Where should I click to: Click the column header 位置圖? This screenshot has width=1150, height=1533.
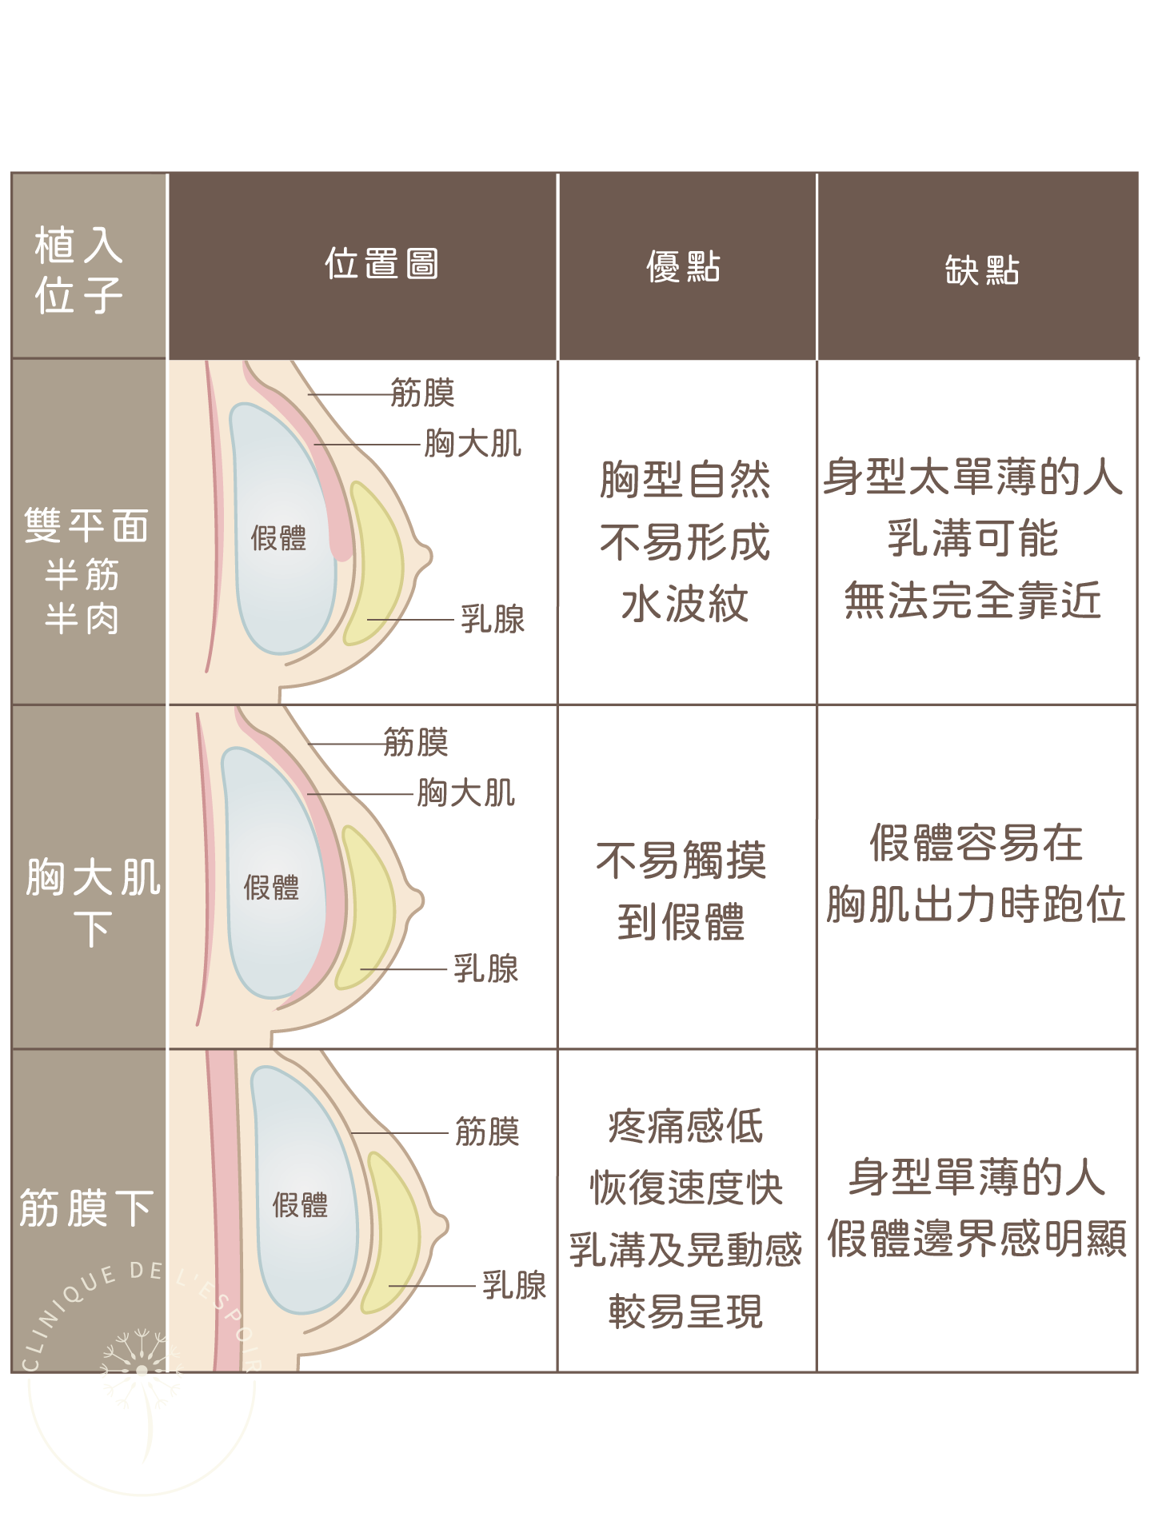381,264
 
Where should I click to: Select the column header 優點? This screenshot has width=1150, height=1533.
684,266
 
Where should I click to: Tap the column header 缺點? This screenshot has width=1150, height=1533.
982,269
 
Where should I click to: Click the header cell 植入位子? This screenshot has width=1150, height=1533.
78,270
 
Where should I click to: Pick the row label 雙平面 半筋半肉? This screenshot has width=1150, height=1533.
86,571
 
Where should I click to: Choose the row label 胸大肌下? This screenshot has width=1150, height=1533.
93,902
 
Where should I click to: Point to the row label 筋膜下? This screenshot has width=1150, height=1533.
86,1208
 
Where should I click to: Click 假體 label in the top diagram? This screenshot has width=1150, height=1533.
278,538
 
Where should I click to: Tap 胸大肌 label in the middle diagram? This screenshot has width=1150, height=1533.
466,793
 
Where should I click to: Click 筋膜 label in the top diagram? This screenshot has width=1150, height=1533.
423,393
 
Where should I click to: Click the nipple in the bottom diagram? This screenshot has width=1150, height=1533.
439,1224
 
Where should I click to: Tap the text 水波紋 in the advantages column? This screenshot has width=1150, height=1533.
685,604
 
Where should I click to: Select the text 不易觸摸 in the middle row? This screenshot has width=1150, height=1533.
681,860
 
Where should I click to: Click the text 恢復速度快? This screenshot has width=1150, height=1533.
686,1188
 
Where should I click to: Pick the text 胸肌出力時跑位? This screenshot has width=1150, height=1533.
976,904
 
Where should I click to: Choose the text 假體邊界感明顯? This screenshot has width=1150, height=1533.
976,1239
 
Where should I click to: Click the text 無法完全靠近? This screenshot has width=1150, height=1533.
973,600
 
